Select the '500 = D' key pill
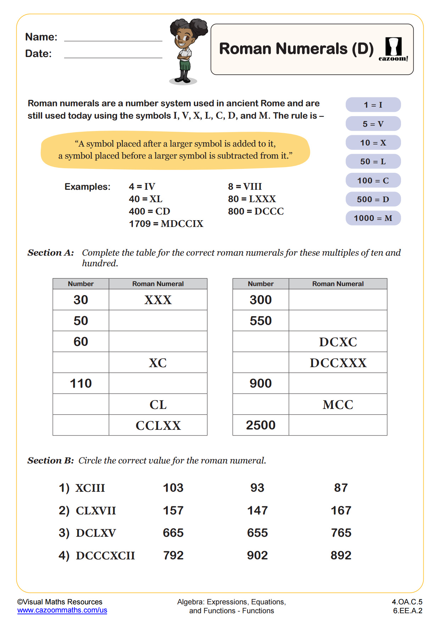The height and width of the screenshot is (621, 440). [373, 199]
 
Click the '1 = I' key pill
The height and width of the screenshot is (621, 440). [373, 105]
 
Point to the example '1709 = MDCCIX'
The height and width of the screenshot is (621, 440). [166, 224]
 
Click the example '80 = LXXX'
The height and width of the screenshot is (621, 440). [252, 199]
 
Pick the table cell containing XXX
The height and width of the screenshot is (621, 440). [158, 300]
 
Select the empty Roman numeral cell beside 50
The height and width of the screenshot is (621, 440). [158, 321]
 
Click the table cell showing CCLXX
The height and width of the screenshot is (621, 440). [158, 425]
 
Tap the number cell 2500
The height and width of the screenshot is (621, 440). [261, 425]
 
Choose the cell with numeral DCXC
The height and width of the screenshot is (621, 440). [338, 342]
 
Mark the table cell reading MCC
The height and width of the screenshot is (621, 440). [338, 404]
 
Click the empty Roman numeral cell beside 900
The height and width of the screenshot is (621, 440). [338, 383]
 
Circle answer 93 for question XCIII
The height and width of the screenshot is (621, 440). [257, 488]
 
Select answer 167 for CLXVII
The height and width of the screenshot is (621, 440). [341, 511]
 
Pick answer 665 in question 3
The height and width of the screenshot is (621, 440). [173, 533]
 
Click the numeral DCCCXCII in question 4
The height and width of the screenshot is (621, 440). [105, 556]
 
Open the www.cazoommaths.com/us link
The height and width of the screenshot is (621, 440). [62, 610]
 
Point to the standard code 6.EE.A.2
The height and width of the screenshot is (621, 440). [407, 611]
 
